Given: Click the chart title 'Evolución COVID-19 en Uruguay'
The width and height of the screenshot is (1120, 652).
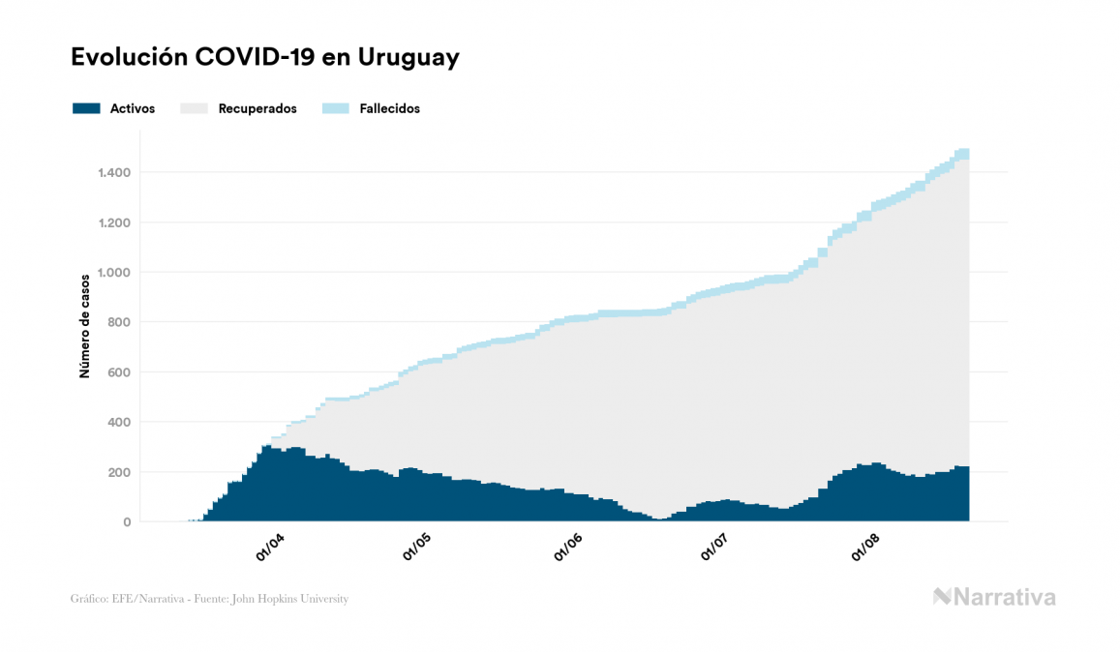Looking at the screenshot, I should pos(264,58).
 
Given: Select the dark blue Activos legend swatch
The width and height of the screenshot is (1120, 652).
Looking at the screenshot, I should pos(86,108).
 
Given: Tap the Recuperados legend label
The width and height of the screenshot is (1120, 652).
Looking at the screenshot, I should pos(257,108).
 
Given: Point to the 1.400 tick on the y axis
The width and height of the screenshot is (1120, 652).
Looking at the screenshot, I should pos(114,172).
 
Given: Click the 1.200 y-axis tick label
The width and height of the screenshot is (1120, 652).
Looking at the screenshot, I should pos(114,222).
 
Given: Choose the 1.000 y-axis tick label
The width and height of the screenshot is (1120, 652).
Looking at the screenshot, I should pos(114,273).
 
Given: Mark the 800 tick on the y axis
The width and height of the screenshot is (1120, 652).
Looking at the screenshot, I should pos(119,322).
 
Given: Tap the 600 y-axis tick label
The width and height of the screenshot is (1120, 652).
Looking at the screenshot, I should pos(119,372).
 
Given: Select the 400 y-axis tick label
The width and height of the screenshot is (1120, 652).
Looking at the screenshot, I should pos(119,423).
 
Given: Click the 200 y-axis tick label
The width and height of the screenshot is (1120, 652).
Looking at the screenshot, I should pos(119,472).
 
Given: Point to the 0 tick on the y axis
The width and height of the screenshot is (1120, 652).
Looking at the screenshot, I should pos(127,522).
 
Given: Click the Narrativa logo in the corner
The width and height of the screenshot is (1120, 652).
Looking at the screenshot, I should pos(994,597).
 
